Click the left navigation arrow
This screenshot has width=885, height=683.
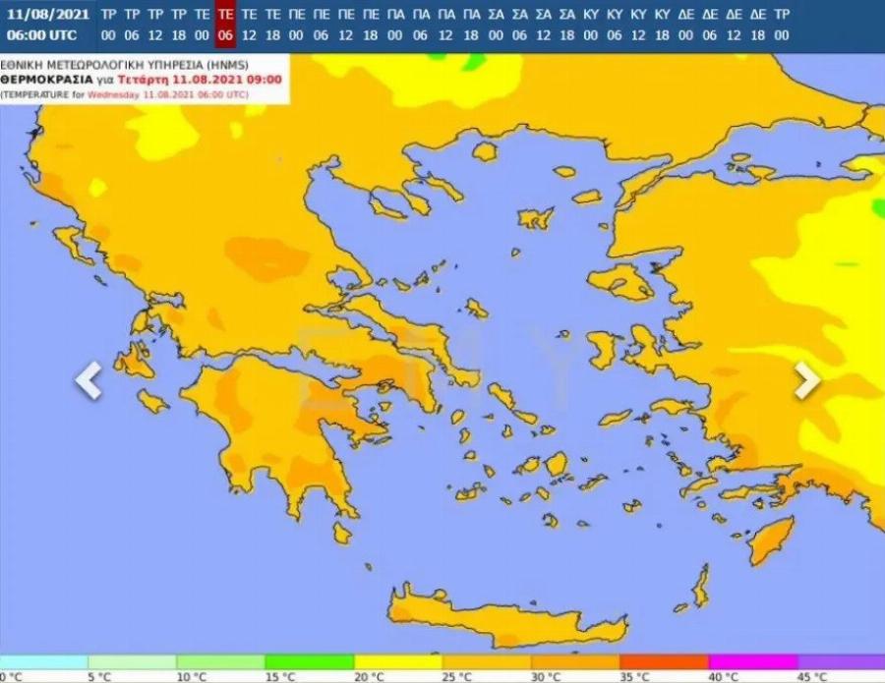pos(88,380)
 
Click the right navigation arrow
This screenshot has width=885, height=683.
pos(806,380)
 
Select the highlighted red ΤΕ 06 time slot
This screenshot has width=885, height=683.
pos(225,25)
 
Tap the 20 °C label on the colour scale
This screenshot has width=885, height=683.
pos(370,676)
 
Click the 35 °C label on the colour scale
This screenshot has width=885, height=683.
pos(635,676)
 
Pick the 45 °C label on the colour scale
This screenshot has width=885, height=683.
pos(812,676)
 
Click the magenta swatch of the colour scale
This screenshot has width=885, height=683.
pos(752,662)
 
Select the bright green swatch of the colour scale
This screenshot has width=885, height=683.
pos(310,662)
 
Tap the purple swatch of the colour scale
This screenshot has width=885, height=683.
pos(841,662)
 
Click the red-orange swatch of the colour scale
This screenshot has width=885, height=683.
pos(664,662)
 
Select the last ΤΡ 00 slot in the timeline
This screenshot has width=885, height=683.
pos(781,25)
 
